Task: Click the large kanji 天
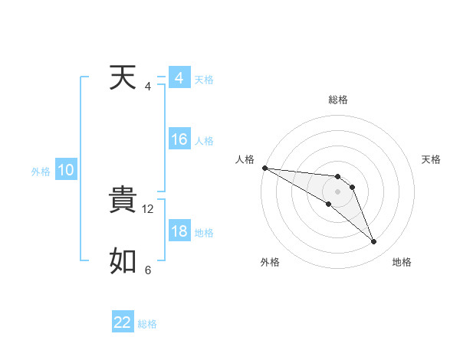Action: [x=123, y=78]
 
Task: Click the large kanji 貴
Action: [x=123, y=201]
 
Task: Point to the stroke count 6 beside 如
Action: [x=148, y=270]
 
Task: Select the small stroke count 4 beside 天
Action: [x=148, y=87]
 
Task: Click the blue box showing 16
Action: [x=179, y=140]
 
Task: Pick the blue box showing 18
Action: [x=179, y=232]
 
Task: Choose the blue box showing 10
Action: [x=66, y=171]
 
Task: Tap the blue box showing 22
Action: [x=123, y=322]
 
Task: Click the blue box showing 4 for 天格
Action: [x=179, y=78]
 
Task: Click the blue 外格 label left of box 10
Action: [x=41, y=172]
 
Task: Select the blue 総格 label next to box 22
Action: [x=147, y=324]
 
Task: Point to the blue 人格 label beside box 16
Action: [x=204, y=141]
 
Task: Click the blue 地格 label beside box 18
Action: [x=204, y=233]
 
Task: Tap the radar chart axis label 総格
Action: [x=337, y=100]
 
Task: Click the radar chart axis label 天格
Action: [x=432, y=159]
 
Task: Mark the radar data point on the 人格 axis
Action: [x=264, y=167]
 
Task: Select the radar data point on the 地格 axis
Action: [x=374, y=242]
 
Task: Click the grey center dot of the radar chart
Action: [x=337, y=191]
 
